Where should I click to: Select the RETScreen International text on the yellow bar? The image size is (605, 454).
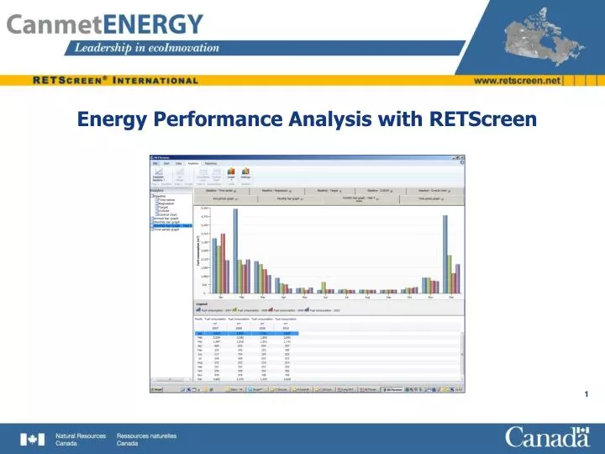(115, 81)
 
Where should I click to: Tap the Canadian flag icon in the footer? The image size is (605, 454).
(32, 439)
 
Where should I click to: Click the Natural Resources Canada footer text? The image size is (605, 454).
(81, 439)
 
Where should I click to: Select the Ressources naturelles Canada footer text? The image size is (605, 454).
(146, 439)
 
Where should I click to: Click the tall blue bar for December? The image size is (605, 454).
(445, 252)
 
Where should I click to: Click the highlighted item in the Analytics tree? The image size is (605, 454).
(173, 225)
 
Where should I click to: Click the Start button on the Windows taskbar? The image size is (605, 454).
(157, 389)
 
